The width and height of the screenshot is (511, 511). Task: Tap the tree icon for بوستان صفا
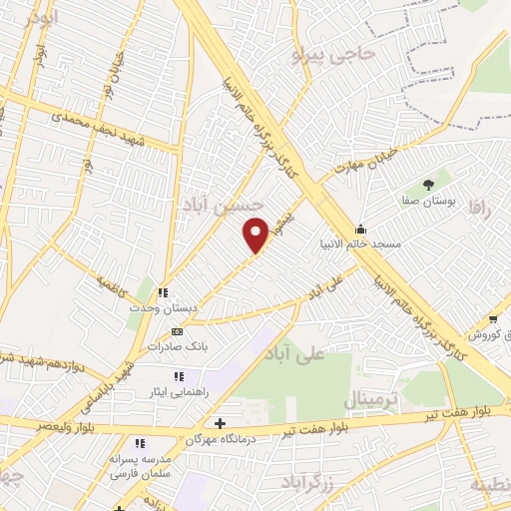point(428,184)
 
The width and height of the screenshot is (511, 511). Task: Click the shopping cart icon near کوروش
point(493,319)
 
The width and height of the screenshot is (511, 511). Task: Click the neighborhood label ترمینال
point(370,400)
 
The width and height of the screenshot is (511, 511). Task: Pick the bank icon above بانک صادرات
point(177,331)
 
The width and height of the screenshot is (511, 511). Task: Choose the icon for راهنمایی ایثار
point(178,376)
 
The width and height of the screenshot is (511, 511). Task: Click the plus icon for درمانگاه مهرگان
point(219,422)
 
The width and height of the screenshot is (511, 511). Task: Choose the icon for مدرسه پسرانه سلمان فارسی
point(140,442)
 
